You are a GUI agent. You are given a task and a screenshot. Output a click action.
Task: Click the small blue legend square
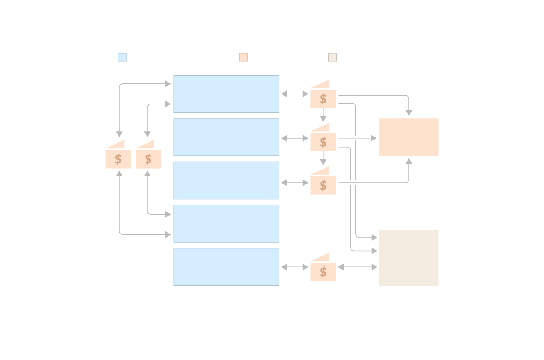[122, 57]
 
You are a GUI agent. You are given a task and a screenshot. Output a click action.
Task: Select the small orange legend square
[243, 57]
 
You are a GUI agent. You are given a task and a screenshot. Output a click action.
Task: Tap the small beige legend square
[333, 57]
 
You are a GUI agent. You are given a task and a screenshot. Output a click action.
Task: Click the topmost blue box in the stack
[226, 94]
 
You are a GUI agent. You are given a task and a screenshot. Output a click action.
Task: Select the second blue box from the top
[226, 137]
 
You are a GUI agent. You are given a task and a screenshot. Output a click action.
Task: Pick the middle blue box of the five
[226, 180]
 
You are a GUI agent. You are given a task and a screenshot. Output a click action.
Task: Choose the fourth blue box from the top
[226, 223]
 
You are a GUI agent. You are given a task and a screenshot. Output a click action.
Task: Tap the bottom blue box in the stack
[226, 267]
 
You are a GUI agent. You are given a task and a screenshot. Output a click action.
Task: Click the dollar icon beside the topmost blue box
[323, 98]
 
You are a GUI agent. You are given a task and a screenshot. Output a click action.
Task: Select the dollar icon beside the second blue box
[323, 142]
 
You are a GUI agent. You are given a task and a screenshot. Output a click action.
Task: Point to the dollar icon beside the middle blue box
[323, 185]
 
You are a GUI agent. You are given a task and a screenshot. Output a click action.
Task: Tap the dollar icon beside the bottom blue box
[323, 272]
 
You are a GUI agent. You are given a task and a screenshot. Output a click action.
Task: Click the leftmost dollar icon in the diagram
[118, 158]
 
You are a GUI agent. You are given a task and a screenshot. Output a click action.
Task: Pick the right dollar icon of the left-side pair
[148, 158]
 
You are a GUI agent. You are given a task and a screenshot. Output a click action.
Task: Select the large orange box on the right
[408, 137]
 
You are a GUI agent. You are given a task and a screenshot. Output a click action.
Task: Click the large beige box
[408, 258]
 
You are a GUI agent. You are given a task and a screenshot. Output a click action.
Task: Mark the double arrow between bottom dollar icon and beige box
[358, 267]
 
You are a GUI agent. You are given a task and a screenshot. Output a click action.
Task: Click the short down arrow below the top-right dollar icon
[323, 115]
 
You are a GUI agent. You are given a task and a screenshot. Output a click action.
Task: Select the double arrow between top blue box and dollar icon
[294, 94]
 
